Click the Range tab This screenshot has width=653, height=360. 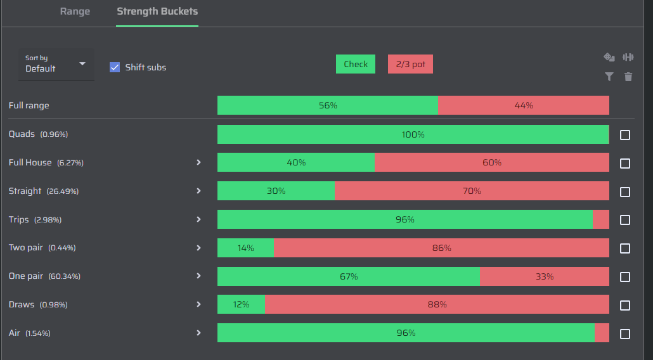point(75,11)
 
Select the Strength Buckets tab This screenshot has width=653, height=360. point(157,11)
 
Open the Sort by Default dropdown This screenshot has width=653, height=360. point(56,64)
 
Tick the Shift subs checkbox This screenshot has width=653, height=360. point(115,67)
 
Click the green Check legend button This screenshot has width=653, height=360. point(356,64)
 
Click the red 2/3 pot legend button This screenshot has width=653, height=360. point(410,64)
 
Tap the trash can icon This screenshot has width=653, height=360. point(628,77)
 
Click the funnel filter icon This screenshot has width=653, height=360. point(609,77)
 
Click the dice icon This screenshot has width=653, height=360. point(609,57)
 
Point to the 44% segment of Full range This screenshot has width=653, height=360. point(524,105)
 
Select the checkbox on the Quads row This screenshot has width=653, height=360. point(624,135)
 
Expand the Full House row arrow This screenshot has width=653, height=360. point(198,162)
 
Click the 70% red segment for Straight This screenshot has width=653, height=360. point(472,191)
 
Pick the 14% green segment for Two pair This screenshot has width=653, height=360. point(246,248)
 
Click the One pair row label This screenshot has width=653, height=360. point(26,276)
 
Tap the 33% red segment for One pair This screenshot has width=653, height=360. point(545,276)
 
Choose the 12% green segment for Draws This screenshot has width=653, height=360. point(241,304)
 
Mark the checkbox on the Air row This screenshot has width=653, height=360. point(624,334)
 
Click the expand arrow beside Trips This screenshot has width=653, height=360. point(198,219)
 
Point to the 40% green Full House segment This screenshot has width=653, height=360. point(296,162)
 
